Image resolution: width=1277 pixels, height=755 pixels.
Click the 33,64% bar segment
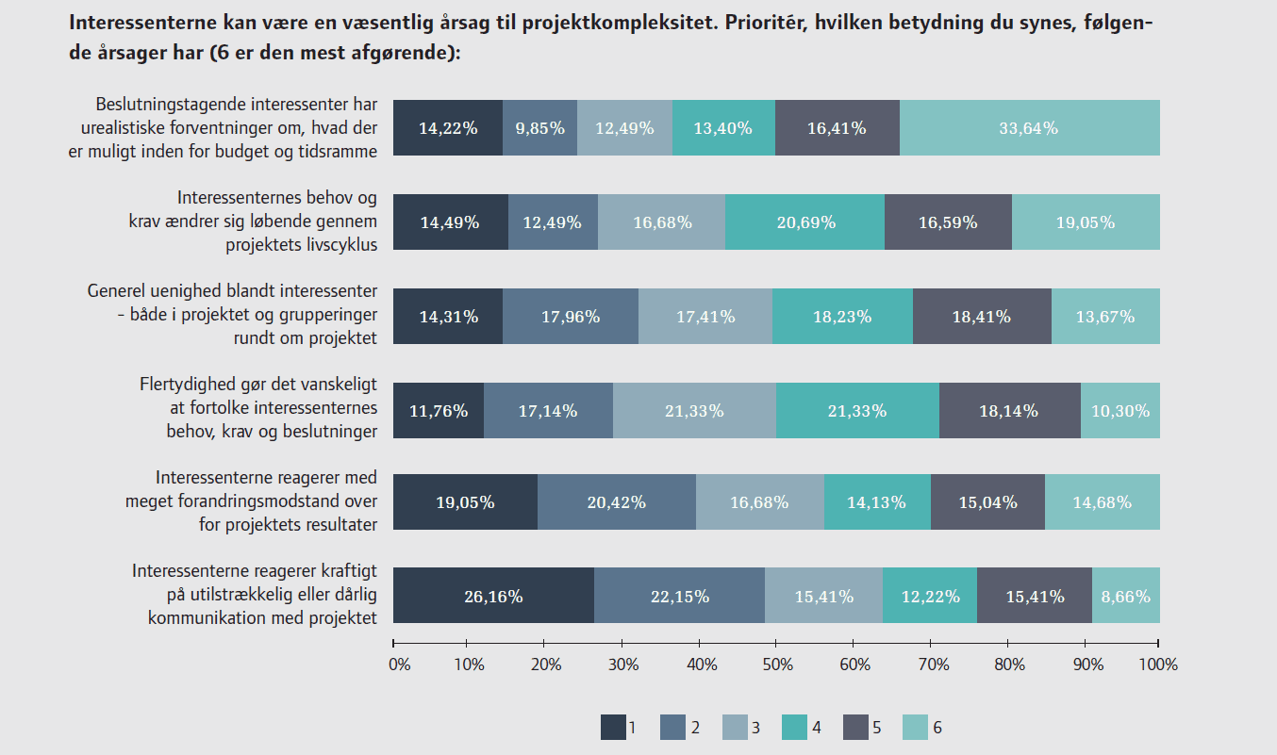click(1029, 128)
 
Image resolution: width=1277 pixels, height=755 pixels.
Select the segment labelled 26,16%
click(492, 596)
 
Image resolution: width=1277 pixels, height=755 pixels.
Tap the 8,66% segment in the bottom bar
click(1125, 596)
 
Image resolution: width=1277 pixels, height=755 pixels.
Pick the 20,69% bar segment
click(804, 222)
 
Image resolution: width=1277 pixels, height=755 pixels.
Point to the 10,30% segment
click(1119, 410)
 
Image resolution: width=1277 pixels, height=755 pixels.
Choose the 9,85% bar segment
click(539, 128)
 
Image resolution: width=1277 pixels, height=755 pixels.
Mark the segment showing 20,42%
click(616, 502)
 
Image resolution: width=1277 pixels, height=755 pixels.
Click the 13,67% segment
click(1104, 316)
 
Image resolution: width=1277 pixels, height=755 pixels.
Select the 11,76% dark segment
click(438, 410)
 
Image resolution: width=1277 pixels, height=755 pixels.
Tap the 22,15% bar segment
click(679, 596)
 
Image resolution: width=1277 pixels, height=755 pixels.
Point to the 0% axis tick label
click(399, 665)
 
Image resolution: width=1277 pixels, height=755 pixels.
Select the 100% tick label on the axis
click(1158, 665)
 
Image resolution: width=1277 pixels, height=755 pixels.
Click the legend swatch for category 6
click(915, 728)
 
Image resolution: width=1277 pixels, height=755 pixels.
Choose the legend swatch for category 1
click(613, 728)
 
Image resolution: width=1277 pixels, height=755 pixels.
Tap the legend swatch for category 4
click(794, 728)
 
